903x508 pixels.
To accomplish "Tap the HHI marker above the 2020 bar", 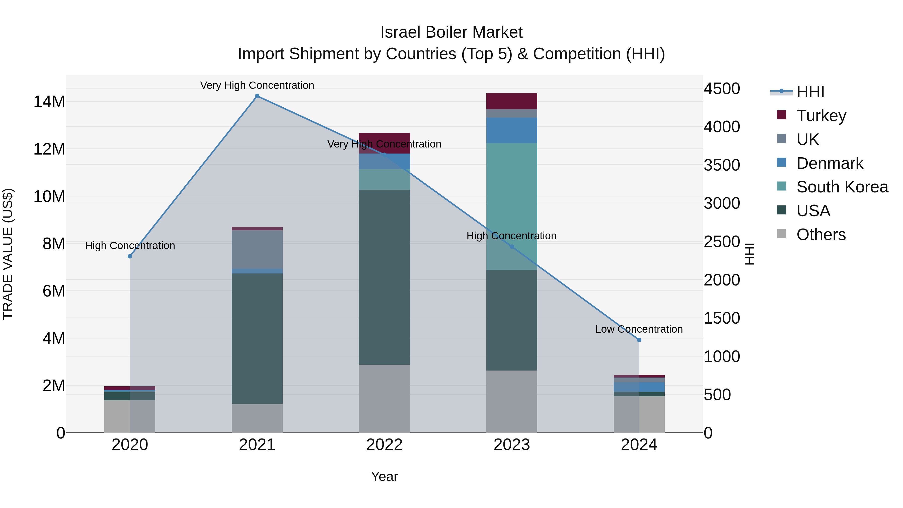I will pyautogui.click(x=130, y=256).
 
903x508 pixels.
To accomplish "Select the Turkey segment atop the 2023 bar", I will pyautogui.click(x=511, y=101).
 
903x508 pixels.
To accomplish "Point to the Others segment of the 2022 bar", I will pyautogui.click(x=384, y=398).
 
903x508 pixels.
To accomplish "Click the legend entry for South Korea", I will pyautogui.click(x=842, y=187).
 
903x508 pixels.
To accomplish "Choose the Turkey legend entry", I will pyautogui.click(x=821, y=116).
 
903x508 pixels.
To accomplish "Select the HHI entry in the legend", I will pyautogui.click(x=810, y=92).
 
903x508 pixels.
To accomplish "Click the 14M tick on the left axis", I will pyautogui.click(x=49, y=102).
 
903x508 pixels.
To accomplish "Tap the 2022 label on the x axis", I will pyautogui.click(x=384, y=445).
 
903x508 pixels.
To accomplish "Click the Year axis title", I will pyautogui.click(x=384, y=476).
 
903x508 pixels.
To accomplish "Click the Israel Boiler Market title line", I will pyautogui.click(x=451, y=32).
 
